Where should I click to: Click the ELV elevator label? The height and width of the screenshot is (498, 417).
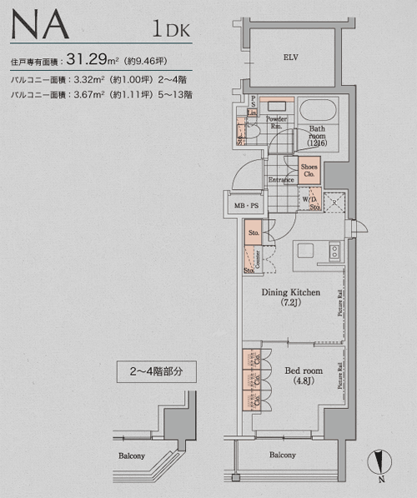pos(290,57)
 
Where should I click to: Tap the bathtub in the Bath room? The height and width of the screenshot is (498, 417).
pos(316,111)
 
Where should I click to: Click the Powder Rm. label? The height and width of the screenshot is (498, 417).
pos(276,122)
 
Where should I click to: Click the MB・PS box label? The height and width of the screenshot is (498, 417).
pos(242,203)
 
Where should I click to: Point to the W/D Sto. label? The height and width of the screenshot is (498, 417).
pos(309,202)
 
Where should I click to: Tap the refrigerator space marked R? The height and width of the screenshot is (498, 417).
pos(334,201)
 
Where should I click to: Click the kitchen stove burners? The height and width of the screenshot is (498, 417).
pos(334,250)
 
